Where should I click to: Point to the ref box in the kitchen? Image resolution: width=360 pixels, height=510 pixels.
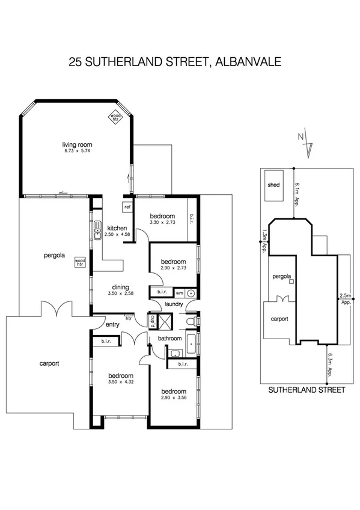127,207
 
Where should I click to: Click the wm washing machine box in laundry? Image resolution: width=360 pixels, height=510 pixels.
178,293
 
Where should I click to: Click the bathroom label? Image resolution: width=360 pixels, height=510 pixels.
169,339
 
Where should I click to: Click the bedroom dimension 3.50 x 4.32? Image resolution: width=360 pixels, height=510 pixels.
120,381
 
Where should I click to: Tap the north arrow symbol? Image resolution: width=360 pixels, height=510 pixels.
306,142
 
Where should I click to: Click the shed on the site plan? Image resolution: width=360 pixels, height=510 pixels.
273,185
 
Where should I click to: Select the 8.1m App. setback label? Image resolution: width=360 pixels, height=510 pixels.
297,194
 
